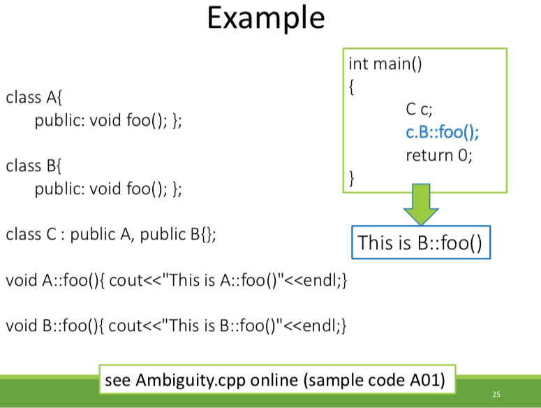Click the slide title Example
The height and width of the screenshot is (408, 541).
265,19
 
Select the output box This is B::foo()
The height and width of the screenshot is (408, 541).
420,243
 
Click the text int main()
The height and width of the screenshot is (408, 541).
385,65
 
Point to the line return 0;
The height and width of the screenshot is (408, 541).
438,155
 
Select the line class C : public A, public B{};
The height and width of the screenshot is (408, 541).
111,234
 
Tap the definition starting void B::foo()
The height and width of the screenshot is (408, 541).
176,326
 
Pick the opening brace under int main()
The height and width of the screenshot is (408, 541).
352,87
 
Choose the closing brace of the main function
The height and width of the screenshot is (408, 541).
352,179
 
